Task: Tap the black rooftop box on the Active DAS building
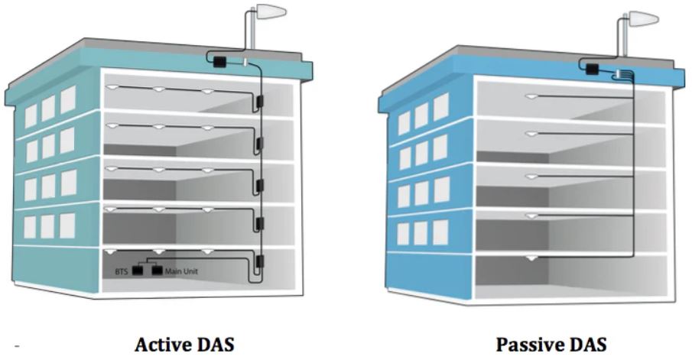(x=219, y=60)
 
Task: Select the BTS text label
(x=121, y=271)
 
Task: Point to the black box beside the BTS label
(x=138, y=271)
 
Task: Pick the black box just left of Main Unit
(x=158, y=271)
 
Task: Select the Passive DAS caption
(x=551, y=344)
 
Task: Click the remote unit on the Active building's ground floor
(x=259, y=262)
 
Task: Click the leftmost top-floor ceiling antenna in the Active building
(x=111, y=86)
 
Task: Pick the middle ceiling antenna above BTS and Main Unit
(x=158, y=251)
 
